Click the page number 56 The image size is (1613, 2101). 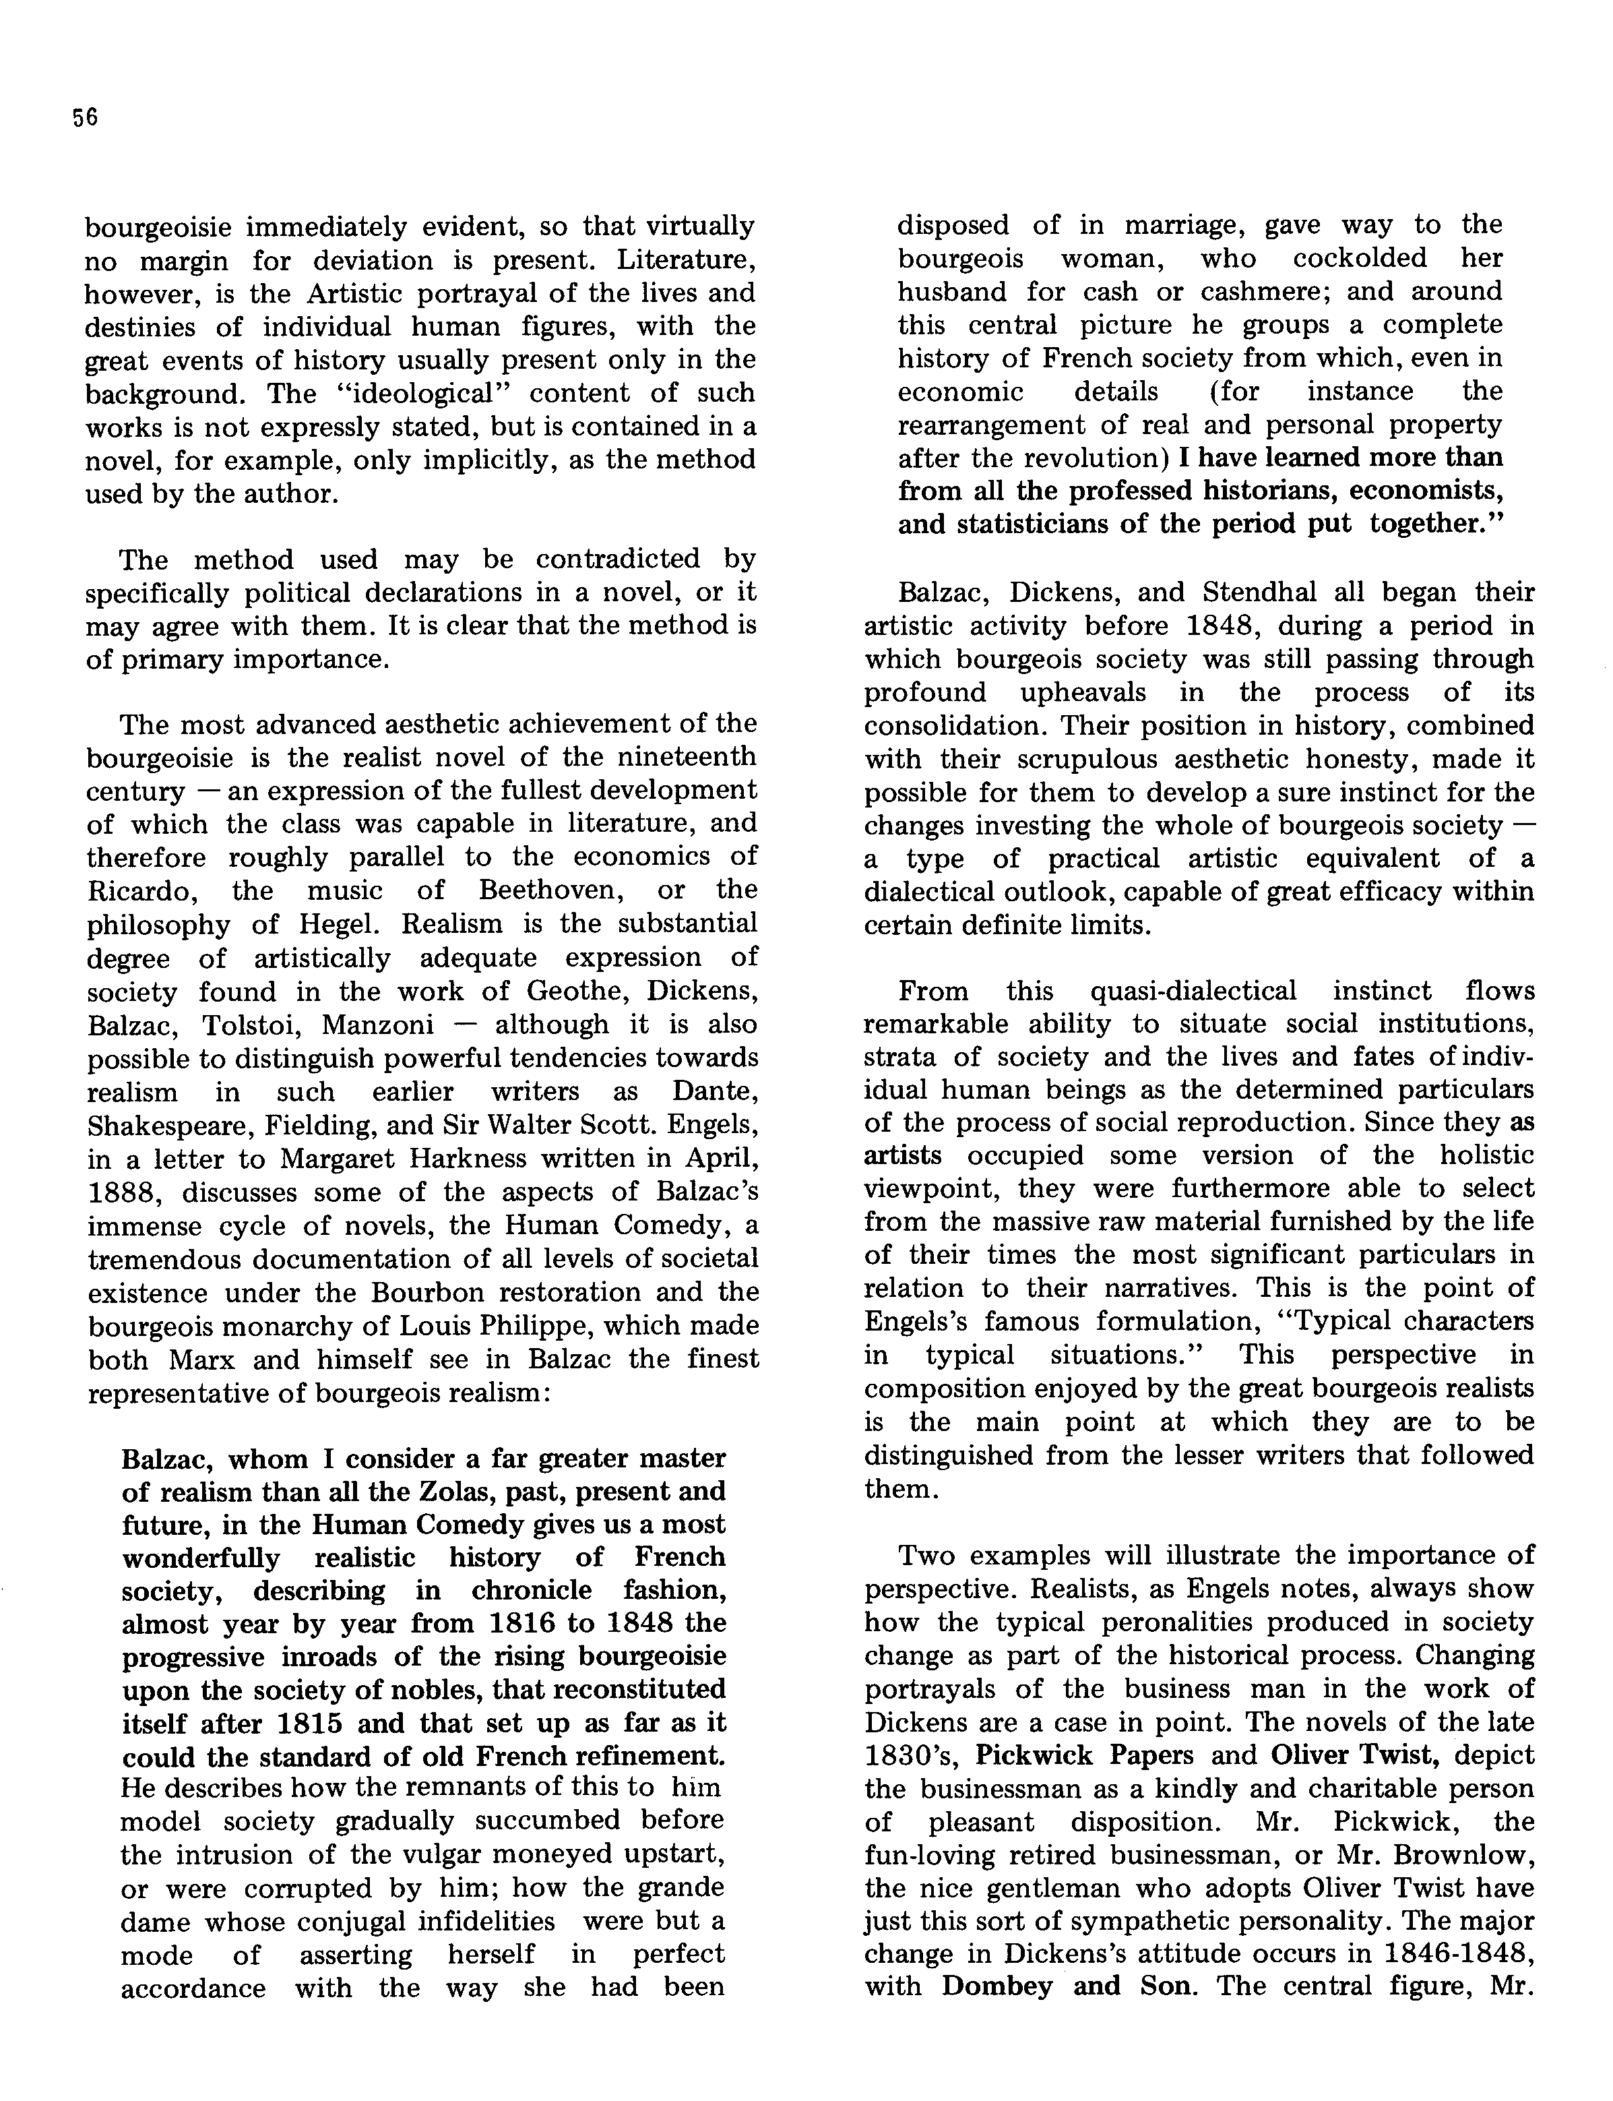[x=84, y=117]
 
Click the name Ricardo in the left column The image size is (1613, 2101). [x=142, y=890]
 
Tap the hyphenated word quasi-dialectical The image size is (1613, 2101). [x=1193, y=991]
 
